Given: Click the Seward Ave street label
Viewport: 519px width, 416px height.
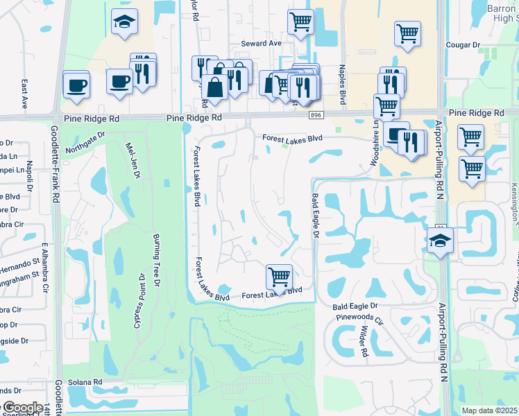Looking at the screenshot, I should click(261, 43).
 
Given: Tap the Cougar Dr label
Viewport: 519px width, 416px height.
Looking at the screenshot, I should click(466, 44).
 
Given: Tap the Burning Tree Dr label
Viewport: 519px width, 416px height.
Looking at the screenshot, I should click(157, 260).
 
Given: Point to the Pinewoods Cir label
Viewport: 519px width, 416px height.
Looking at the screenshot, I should click(359, 321).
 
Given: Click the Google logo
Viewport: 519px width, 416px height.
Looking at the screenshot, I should click(22, 408).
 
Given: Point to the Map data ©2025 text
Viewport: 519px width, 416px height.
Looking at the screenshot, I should click(488, 410).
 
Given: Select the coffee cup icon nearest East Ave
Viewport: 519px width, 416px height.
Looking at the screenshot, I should click(76, 85).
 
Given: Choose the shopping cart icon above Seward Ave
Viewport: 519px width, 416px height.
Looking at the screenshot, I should click(300, 21).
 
